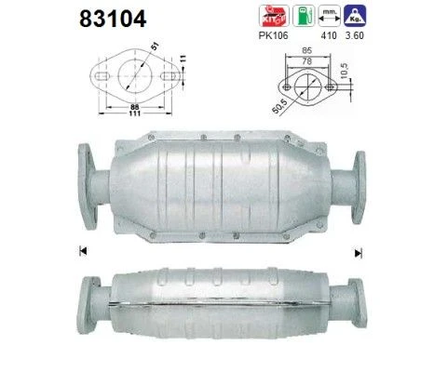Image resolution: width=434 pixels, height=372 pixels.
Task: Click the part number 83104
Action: (x=113, y=19)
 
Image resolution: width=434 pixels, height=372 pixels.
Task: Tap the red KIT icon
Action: (x=274, y=16)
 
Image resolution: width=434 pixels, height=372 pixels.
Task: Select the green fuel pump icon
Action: (x=304, y=16)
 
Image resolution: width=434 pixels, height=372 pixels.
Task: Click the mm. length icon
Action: (x=330, y=16)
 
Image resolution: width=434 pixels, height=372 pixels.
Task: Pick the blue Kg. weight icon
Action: (x=355, y=16)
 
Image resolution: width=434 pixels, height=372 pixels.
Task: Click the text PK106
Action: (x=273, y=35)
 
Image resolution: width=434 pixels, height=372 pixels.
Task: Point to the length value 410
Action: (x=329, y=35)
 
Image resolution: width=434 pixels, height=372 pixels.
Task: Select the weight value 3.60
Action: (x=355, y=35)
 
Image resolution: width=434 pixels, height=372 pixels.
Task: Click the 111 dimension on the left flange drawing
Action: (x=135, y=113)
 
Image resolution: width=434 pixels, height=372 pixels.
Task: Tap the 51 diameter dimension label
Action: (x=155, y=46)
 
